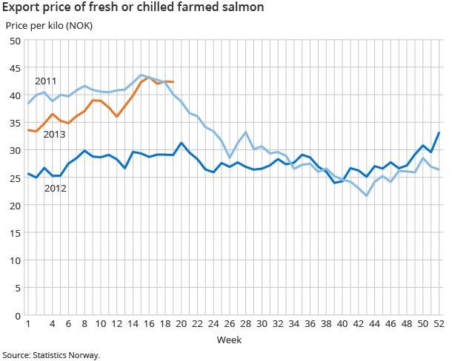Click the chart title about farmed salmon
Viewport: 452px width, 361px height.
(133, 8)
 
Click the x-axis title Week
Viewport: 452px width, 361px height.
(227, 340)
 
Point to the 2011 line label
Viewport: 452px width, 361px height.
(45, 81)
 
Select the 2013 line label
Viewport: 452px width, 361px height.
(54, 134)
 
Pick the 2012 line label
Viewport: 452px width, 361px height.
(56, 188)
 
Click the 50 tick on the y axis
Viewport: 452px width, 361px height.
(13, 41)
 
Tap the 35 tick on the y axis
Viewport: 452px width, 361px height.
(13, 123)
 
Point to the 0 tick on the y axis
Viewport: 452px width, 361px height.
(16, 316)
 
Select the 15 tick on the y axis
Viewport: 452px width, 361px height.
(13, 233)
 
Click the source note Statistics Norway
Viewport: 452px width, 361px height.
(50, 354)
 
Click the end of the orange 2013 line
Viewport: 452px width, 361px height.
(173, 82)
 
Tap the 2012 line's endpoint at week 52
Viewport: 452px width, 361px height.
(439, 133)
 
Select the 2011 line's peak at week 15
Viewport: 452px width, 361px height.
(141, 75)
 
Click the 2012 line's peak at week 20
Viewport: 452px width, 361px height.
(182, 143)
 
